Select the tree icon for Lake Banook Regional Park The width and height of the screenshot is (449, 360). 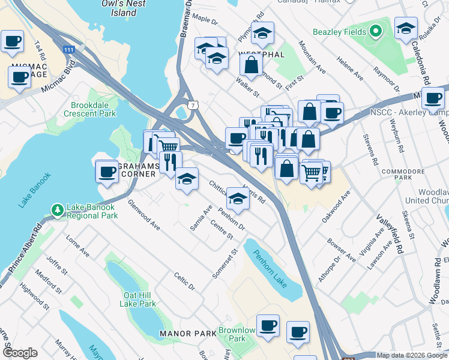click(x=58, y=210)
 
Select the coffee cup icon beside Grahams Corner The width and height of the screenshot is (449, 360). click(x=107, y=172)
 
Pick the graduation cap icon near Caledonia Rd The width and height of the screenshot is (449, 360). click(x=406, y=28)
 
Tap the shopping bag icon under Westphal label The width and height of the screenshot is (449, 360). click(x=252, y=64)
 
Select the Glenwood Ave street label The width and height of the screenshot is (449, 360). click(x=144, y=215)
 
